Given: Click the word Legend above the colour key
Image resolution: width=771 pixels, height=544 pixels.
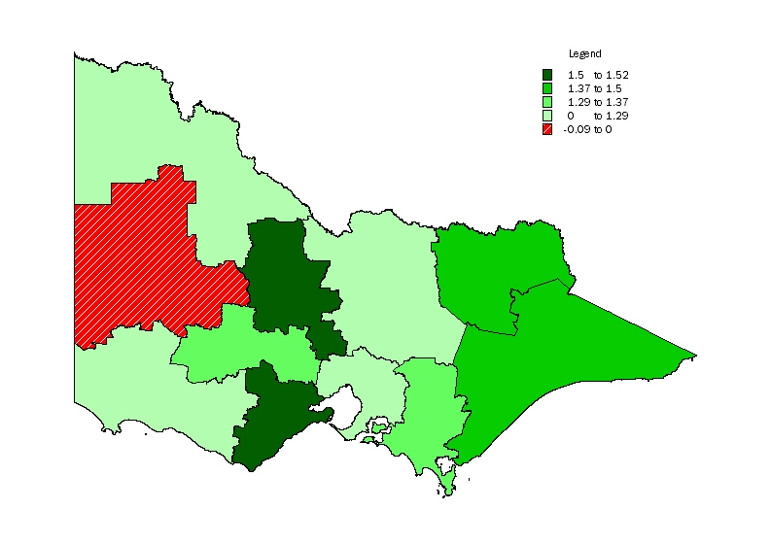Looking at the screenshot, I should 584,53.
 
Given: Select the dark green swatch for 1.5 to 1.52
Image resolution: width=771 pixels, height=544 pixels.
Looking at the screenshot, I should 548,75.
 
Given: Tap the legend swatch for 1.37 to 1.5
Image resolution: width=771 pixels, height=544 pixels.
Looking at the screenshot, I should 548,88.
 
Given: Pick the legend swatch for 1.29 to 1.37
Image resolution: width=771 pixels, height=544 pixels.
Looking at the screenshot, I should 548,102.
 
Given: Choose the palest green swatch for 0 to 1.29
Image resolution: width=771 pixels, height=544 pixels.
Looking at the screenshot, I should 548,116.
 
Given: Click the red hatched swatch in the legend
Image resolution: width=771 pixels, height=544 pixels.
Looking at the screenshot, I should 548,129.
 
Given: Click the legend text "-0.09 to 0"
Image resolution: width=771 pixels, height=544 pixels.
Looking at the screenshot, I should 586,129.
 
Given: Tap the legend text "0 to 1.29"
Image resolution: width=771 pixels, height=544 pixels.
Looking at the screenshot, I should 590,116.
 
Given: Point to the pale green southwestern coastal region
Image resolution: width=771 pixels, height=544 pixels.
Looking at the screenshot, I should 146,389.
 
